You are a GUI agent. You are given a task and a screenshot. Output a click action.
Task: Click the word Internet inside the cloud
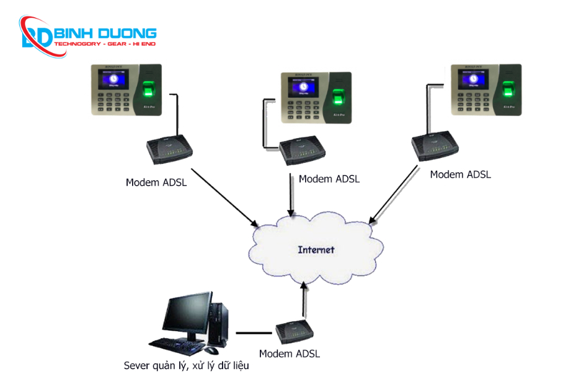(x=316, y=250)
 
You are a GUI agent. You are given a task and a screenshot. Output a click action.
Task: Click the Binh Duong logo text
(x=105, y=33)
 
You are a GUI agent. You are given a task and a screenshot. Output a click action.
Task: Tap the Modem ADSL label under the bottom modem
(x=290, y=354)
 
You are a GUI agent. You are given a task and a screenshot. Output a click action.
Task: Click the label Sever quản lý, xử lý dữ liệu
(x=186, y=366)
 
